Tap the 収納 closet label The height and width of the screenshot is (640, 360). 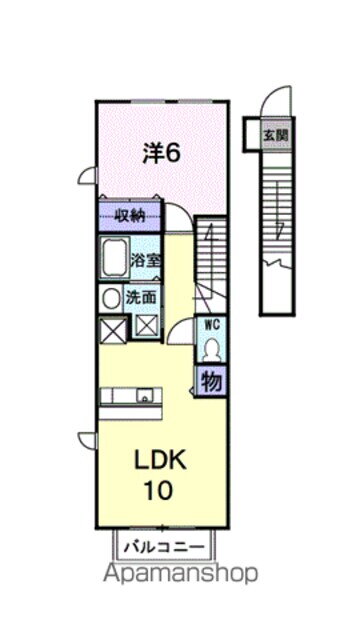(128, 214)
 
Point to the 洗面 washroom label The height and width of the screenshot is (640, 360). (141, 297)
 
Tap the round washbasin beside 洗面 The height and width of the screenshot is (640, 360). (109, 298)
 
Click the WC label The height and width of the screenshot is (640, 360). (211, 324)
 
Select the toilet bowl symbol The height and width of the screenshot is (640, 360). (211, 348)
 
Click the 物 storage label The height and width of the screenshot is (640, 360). (211, 381)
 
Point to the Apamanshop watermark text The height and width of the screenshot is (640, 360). (179, 573)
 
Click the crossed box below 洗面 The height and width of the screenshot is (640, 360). (147, 323)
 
